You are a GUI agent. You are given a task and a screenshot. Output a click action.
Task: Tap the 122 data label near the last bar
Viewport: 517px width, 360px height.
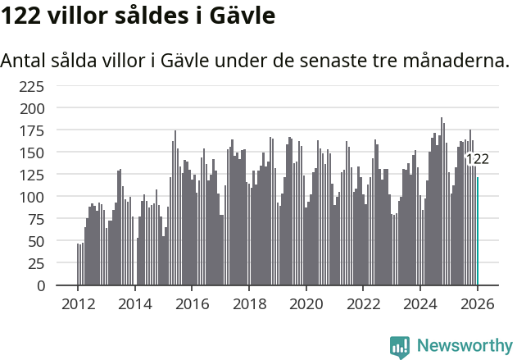coord(477,159)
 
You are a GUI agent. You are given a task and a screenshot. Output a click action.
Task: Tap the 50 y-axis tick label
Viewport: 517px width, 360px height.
coord(36,242)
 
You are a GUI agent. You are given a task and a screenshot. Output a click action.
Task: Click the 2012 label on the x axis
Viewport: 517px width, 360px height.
coord(78,303)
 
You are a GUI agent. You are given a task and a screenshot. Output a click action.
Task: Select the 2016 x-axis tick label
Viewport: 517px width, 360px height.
coord(192,303)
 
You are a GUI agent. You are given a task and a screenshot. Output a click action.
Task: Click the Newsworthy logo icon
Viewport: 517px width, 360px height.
coord(400,347)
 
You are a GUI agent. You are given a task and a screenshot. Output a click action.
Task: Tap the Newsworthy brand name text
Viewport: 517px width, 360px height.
coord(464,347)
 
